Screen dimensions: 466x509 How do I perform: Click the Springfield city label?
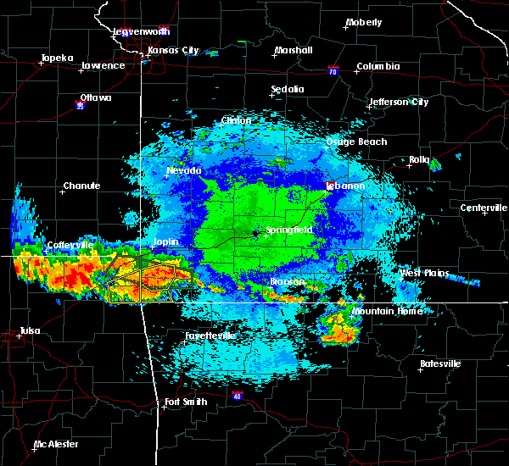point(291,230)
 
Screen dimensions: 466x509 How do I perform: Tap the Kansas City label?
point(173,51)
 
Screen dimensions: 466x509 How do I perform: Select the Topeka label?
point(55,58)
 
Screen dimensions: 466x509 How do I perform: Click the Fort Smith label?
point(186,401)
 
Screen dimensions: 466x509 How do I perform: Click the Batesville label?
point(440,363)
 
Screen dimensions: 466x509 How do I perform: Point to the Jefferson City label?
point(398,103)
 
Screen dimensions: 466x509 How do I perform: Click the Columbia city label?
point(378,66)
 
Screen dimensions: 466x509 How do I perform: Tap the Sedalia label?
point(288,89)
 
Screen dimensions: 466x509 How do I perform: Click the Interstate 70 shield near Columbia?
point(333,72)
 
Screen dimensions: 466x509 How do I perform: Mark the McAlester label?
point(56,444)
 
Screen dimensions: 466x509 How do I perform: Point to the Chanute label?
point(81,186)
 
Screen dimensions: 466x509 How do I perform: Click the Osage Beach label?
point(356,141)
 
